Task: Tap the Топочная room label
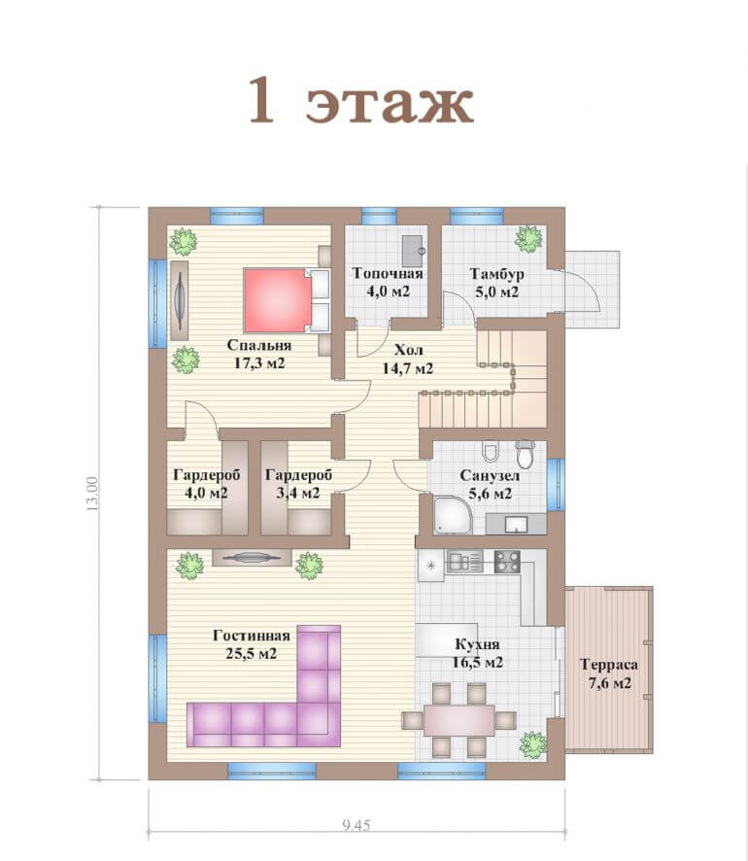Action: tap(388, 273)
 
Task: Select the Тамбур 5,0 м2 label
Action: tap(496, 282)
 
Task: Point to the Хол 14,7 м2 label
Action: tap(408, 359)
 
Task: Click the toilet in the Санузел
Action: tap(526, 453)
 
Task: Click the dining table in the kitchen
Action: tap(459, 719)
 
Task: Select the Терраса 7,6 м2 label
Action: tap(609, 673)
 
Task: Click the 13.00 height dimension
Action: tap(91, 494)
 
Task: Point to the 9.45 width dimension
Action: tap(357, 825)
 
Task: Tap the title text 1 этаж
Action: tap(360, 101)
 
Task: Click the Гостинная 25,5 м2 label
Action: tap(252, 644)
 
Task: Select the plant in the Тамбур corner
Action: tap(529, 239)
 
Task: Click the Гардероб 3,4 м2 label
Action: tap(298, 483)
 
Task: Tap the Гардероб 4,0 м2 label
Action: tap(206, 483)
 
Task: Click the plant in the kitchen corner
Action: tap(533, 745)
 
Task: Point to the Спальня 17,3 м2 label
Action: tap(259, 354)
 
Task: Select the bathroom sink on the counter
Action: tap(516, 524)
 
